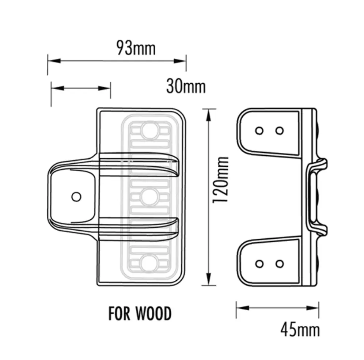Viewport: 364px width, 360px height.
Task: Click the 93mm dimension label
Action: tap(136, 48)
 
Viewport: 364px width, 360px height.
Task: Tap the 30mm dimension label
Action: tap(186, 87)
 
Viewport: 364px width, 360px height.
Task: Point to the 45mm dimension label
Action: tap(300, 330)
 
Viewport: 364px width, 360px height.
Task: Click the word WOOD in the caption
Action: tap(153, 313)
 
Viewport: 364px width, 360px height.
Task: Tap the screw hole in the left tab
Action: tap(76, 197)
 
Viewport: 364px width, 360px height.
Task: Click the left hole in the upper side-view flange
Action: tap(259, 130)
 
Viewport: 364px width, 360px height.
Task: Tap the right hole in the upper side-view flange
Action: tap(280, 130)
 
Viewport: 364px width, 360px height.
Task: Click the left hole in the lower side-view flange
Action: tap(259, 263)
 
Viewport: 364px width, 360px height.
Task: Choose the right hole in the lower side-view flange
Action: tap(280, 263)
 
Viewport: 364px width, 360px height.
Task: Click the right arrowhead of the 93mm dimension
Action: tap(181, 61)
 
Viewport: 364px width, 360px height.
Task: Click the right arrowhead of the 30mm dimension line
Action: tap(106, 88)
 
